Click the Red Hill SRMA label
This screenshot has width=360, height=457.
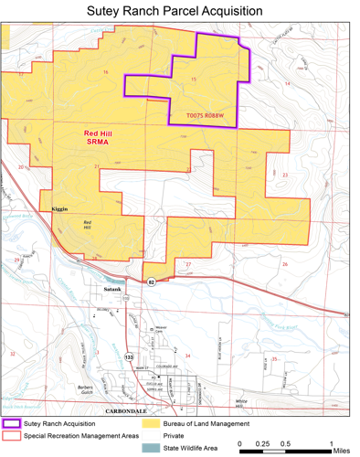99,138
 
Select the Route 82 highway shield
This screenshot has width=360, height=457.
152,282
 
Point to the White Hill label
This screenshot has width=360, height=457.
241,403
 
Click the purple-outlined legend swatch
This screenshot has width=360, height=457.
12,424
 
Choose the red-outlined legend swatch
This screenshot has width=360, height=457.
12,436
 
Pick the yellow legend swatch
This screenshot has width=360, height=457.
152,424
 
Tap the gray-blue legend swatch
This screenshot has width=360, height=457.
152,448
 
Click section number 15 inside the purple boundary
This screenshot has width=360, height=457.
194,80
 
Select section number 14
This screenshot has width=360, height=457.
287,83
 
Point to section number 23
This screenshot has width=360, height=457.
285,175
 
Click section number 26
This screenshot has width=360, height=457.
285,265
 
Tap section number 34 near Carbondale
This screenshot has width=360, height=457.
188,356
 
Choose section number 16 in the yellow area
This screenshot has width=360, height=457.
106,72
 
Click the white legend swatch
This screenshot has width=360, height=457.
152,436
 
